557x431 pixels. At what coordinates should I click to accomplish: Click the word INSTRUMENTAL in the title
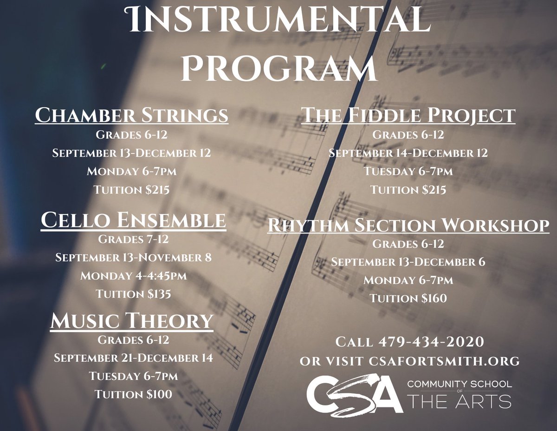pos(278,20)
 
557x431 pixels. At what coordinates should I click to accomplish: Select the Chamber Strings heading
pos(132,115)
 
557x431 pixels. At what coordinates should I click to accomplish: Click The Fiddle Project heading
pos(408,115)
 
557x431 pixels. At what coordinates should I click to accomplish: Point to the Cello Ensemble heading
pos(133,221)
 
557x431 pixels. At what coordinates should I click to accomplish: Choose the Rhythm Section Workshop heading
pos(408,225)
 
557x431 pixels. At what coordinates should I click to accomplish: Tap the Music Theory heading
pos(132,321)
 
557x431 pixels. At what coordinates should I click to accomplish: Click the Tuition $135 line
pos(133,294)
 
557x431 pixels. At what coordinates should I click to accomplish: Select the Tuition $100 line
pos(133,394)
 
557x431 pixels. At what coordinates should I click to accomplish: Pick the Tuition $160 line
pos(408,298)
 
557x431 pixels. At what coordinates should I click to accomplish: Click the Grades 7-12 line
pos(133,239)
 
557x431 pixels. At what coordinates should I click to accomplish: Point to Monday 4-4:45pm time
pos(133,276)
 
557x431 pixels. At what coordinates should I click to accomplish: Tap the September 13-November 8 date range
pos(133,257)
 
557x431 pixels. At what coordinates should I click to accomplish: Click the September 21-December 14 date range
pos(133,358)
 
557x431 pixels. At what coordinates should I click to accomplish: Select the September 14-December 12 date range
pos(408,153)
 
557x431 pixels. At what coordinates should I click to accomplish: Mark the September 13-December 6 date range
pos(408,262)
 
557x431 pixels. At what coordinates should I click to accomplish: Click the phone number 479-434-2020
pos(432,342)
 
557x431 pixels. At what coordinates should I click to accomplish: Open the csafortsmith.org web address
pos(444,360)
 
